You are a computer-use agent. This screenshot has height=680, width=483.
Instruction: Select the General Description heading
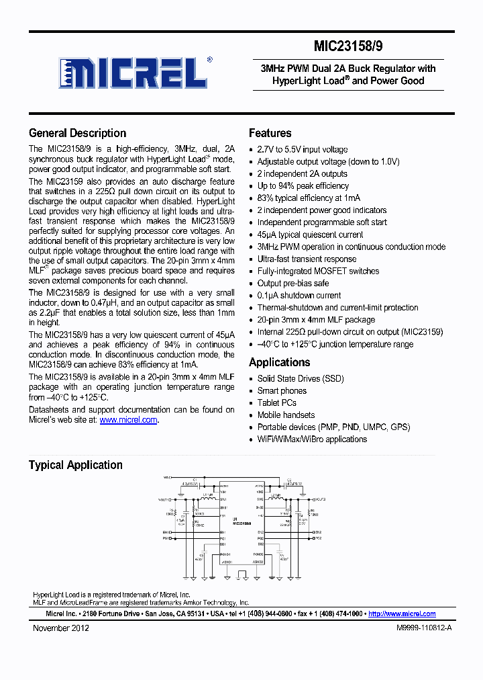(77, 133)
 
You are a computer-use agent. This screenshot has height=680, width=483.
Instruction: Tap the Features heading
(270, 133)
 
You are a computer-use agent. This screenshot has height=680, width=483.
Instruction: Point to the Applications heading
(279, 362)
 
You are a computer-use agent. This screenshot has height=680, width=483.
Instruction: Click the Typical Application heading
(75, 465)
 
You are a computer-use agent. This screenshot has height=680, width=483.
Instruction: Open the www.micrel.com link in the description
(128, 419)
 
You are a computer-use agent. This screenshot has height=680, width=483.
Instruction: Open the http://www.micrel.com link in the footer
(402, 613)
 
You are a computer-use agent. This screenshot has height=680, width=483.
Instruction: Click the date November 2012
(61, 628)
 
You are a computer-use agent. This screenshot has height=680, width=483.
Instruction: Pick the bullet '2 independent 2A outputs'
(302, 173)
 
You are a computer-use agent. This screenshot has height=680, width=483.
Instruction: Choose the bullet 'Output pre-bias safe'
(293, 283)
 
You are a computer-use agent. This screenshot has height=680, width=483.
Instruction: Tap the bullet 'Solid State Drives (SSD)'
(300, 378)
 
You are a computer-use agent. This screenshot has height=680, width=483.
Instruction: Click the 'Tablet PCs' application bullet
(276, 402)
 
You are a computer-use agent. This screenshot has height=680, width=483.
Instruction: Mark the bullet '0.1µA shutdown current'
(299, 295)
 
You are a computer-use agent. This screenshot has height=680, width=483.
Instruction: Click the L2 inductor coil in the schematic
(276, 499)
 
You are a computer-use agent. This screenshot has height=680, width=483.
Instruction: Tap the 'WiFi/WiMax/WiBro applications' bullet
(312, 439)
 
